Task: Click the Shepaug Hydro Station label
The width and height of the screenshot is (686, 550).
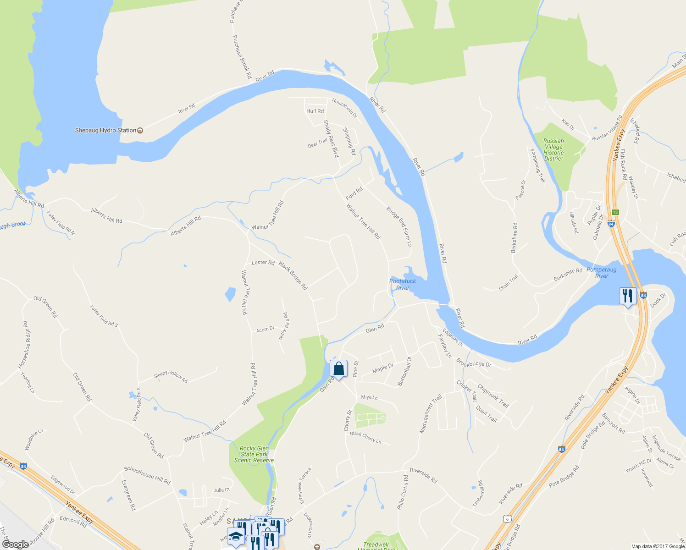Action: (x=105, y=130)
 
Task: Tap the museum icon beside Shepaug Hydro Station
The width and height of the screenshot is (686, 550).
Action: (x=140, y=130)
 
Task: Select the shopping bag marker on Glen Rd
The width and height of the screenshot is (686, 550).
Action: (x=338, y=369)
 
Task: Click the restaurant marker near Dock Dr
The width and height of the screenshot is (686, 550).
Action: (x=627, y=296)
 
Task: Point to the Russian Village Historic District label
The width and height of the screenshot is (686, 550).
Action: (x=553, y=150)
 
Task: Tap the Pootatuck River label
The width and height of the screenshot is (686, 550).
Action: (x=402, y=285)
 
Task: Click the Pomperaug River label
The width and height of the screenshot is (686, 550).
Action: (x=601, y=273)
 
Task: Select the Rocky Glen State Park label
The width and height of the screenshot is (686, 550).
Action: (x=254, y=454)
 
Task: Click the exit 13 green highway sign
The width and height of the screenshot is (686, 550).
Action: (x=615, y=212)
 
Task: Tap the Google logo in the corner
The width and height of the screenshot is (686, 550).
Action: (x=15, y=544)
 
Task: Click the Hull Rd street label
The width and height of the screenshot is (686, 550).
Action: (x=315, y=111)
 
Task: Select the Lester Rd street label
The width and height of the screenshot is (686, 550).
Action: (x=263, y=263)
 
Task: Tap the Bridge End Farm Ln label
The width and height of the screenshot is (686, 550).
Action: (x=399, y=226)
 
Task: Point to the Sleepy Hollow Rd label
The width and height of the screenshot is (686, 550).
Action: (x=171, y=376)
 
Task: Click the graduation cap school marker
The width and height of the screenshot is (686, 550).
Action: (x=236, y=536)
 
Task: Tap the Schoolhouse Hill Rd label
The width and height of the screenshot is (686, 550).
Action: (x=147, y=475)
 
